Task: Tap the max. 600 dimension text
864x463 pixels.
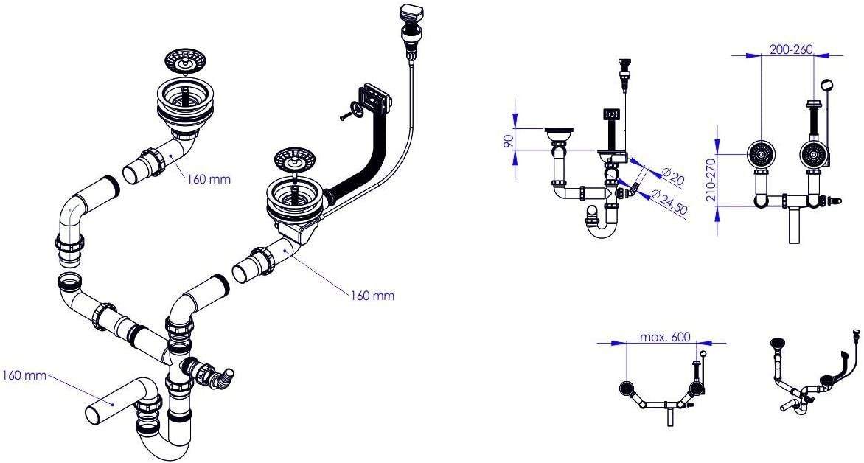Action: point(665,337)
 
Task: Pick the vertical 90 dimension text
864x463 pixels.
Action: point(508,140)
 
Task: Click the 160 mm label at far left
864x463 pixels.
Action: point(23,375)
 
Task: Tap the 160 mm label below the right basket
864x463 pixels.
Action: point(373,296)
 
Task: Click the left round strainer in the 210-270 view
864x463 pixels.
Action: point(761,154)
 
